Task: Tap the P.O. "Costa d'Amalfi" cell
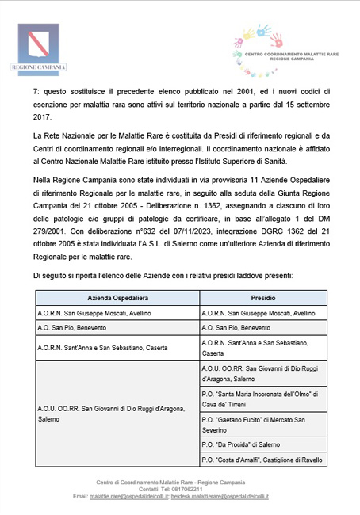pyautogui.click(x=260, y=459)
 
